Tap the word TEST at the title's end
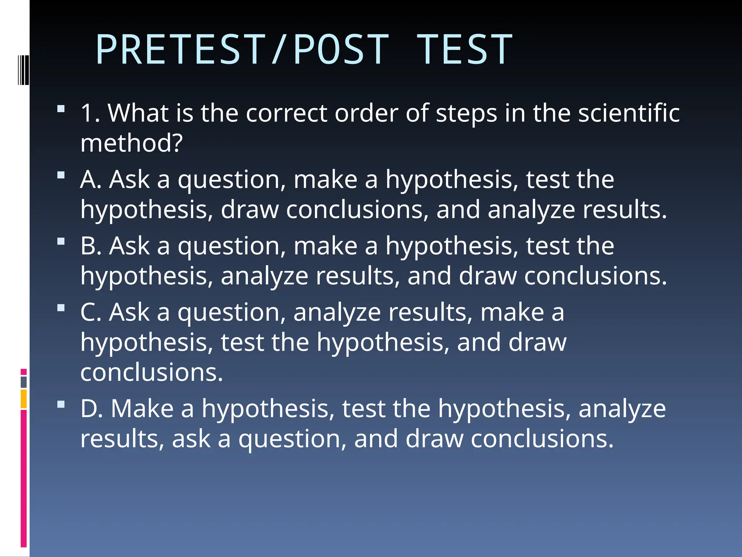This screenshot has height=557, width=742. (464, 50)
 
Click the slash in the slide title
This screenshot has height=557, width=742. (278, 50)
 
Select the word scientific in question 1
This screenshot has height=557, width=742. (629, 113)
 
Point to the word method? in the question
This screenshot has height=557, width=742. (132, 143)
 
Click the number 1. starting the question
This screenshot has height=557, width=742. (91, 113)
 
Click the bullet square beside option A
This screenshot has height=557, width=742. (61, 176)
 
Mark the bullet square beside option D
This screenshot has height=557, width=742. (61, 405)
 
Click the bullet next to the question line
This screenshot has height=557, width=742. (61, 109)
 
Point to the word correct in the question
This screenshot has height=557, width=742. (287, 113)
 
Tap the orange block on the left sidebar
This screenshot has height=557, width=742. (24, 399)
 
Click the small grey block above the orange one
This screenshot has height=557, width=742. (24, 382)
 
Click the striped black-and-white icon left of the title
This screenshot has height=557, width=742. (23, 70)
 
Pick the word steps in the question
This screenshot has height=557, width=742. (466, 114)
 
